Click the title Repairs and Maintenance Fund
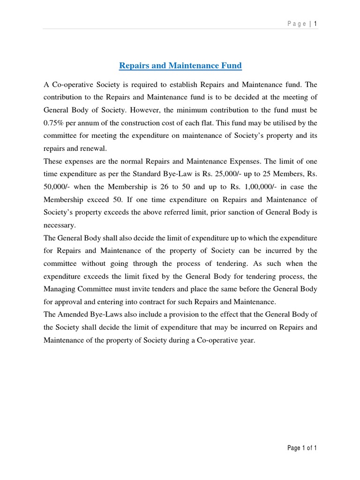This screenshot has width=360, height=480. pos(180,66)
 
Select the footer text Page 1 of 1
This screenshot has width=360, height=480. pos(302,448)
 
